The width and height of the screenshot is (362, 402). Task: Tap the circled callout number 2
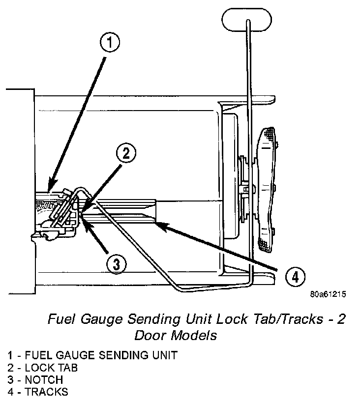click(126, 154)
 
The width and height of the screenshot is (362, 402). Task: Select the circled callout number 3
click(116, 264)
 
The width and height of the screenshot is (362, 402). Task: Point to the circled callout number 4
click(294, 277)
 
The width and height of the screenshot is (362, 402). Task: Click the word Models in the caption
click(194, 336)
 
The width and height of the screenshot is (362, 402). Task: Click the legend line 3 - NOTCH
click(35, 380)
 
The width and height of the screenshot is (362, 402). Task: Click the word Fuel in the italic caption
click(59, 319)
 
